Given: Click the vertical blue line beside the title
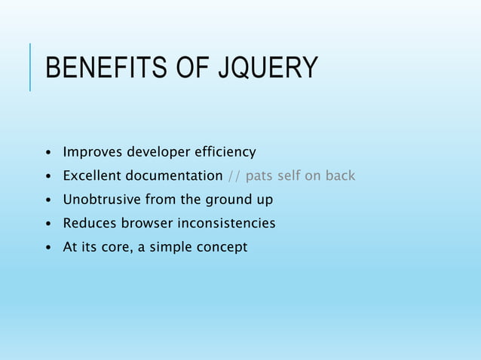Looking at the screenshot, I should [30, 67].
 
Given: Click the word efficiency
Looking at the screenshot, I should [225, 153].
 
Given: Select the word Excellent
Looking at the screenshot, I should [93, 176].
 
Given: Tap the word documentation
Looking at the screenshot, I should [175, 176].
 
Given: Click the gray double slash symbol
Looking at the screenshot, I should [234, 176].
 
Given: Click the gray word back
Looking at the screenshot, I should [339, 176].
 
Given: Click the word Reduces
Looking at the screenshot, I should [88, 223].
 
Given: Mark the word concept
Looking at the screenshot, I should [222, 248].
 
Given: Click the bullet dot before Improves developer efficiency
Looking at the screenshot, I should [49, 154].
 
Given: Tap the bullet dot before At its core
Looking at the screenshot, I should [49, 248].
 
